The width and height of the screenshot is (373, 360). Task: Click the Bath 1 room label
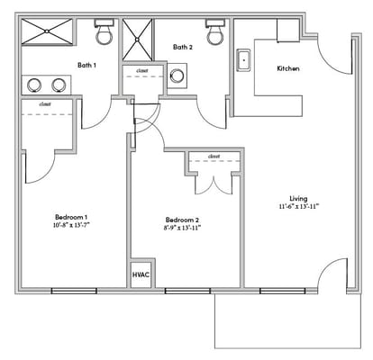tap(87, 65)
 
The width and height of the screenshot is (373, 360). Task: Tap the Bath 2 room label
tap(183, 47)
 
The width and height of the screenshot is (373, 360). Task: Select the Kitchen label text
tap(288, 68)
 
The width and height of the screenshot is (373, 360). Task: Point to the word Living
tap(298, 198)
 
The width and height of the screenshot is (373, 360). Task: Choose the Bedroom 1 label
tap(71, 218)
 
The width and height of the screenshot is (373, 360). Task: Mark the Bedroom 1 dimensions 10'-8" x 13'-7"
tap(71, 227)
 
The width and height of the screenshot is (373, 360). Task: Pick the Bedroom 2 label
tap(182, 220)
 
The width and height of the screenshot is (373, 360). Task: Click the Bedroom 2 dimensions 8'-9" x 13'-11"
tap(182, 229)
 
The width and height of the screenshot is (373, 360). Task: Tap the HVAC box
tap(141, 274)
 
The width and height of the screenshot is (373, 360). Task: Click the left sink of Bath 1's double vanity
tap(34, 85)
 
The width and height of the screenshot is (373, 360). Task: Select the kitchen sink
tap(241, 61)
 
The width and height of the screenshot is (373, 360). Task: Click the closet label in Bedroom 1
tap(45, 104)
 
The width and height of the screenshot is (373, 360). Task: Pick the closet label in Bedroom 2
tap(214, 157)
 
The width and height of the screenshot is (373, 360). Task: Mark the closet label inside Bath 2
tap(141, 70)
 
